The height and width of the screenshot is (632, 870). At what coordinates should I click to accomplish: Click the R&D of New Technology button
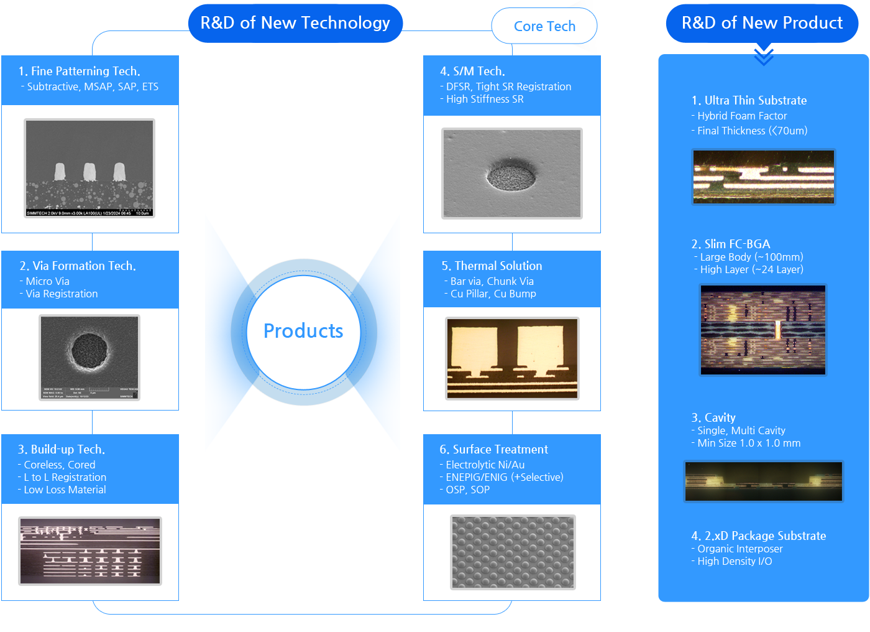(295, 24)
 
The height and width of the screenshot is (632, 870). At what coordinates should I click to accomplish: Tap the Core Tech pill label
(544, 26)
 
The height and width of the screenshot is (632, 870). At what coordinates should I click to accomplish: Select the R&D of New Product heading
(762, 24)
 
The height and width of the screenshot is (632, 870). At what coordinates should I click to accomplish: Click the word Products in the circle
(303, 331)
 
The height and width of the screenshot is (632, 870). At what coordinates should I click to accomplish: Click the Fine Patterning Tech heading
(80, 71)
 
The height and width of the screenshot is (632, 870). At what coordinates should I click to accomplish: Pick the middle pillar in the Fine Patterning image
(89, 171)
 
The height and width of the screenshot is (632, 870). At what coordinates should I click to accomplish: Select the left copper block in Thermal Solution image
(474, 350)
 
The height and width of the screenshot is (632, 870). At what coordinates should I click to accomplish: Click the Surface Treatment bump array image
(513, 552)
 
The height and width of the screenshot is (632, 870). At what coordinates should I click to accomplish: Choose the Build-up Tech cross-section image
(90, 551)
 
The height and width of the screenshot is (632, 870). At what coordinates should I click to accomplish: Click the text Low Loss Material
(65, 490)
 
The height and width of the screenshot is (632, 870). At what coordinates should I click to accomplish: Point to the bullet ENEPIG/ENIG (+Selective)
(504, 477)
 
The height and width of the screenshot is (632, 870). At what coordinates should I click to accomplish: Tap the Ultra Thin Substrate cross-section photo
(764, 177)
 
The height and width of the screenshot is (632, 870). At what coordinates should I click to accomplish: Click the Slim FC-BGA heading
(731, 244)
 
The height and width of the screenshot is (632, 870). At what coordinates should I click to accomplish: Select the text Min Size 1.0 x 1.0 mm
(749, 443)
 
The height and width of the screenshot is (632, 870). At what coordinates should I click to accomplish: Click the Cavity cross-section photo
(764, 481)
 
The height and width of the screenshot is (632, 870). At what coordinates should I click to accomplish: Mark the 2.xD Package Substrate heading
(759, 536)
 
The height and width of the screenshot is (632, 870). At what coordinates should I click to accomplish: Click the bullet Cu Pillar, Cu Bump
(493, 294)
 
